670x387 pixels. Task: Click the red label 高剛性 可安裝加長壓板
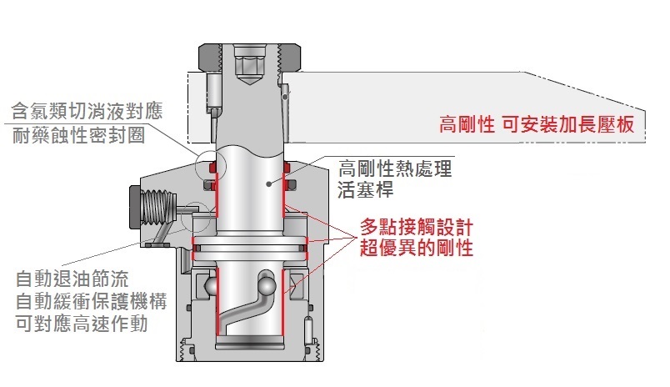[x=537, y=125]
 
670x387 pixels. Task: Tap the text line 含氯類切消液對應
[x=87, y=111]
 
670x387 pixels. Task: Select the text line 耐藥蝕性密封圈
[x=78, y=135]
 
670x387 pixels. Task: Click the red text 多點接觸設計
[x=416, y=227]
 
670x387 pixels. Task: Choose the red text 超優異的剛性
[x=416, y=248]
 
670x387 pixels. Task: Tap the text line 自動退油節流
[x=72, y=279]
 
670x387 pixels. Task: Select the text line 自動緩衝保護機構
[x=91, y=301]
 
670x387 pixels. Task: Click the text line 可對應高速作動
[x=82, y=324]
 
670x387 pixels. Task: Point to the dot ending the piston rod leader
[x=269, y=183]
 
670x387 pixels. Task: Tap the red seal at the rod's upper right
[x=287, y=167]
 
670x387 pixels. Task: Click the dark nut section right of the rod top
[x=290, y=57]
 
